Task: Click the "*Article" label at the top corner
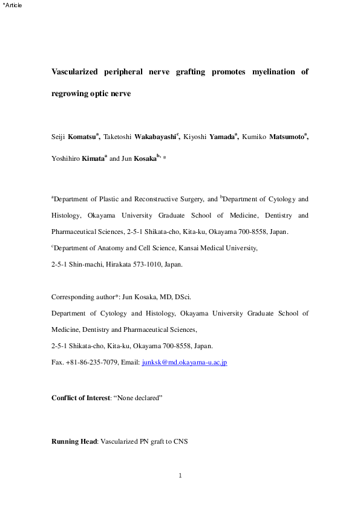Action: pos(12,5)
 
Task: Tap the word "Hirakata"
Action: pos(119,264)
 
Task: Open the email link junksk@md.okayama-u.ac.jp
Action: pos(184,362)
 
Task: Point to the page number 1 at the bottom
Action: pos(180,476)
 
